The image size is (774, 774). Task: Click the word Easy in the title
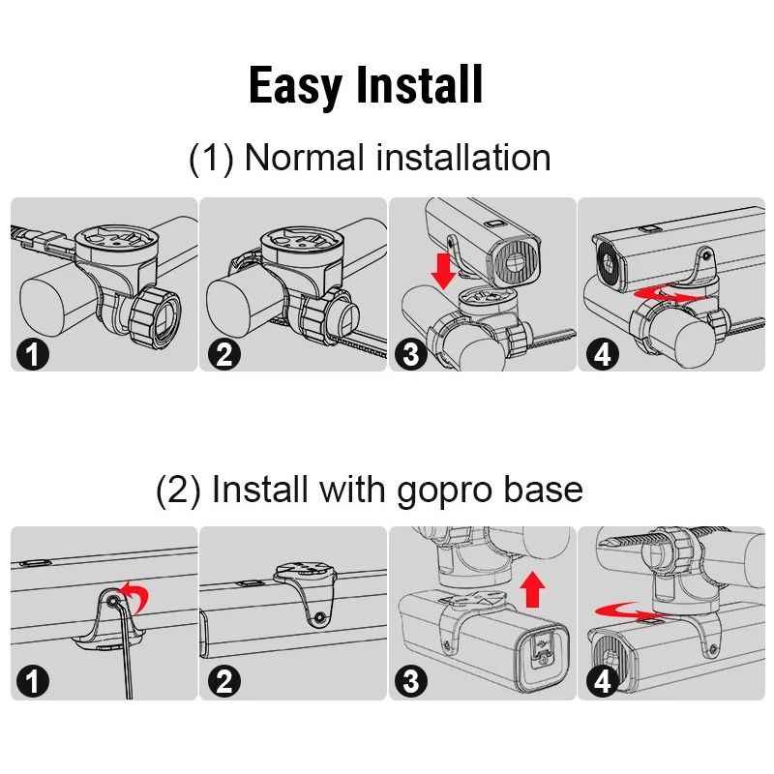[295, 86]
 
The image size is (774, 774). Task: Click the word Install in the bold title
[419, 84]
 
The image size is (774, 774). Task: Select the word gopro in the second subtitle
[444, 491]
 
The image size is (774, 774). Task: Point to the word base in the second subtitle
[544, 489]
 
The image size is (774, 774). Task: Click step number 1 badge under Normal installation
[33, 354]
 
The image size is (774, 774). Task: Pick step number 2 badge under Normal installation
[224, 354]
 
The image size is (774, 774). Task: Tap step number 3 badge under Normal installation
[411, 354]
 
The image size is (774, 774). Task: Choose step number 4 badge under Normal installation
[603, 354]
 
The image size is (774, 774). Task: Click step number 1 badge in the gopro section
[33, 682]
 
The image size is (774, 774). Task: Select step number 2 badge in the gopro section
[224, 682]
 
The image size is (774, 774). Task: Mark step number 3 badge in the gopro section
[411, 682]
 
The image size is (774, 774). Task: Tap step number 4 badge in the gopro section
[603, 682]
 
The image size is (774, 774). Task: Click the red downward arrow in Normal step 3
[443, 271]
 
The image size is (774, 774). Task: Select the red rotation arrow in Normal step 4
[670, 295]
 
